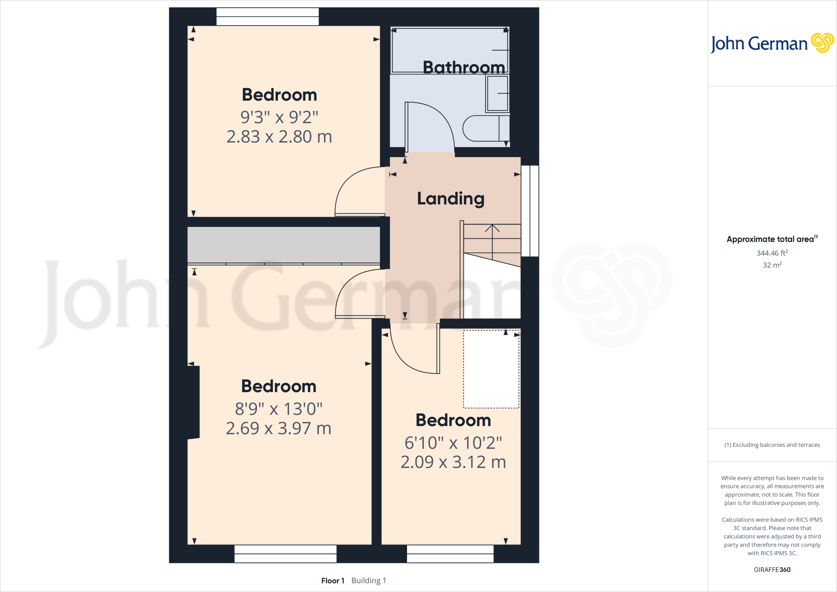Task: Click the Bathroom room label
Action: (463, 67)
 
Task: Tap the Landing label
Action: (450, 199)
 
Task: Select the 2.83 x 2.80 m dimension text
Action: (279, 137)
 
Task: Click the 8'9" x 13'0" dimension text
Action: (279, 408)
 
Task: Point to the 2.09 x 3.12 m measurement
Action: (453, 462)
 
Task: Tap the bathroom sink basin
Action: (497, 93)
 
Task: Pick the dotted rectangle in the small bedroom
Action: (491, 369)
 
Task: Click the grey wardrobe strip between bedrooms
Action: (284, 244)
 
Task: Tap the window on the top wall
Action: (267, 17)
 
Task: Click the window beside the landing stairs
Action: (530, 211)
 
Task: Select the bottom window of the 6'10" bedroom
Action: (450, 554)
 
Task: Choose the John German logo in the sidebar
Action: (772, 43)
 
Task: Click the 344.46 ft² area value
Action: (772, 253)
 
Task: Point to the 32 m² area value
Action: (772, 265)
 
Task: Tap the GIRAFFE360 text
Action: (772, 570)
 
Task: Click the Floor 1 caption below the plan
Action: (333, 581)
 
